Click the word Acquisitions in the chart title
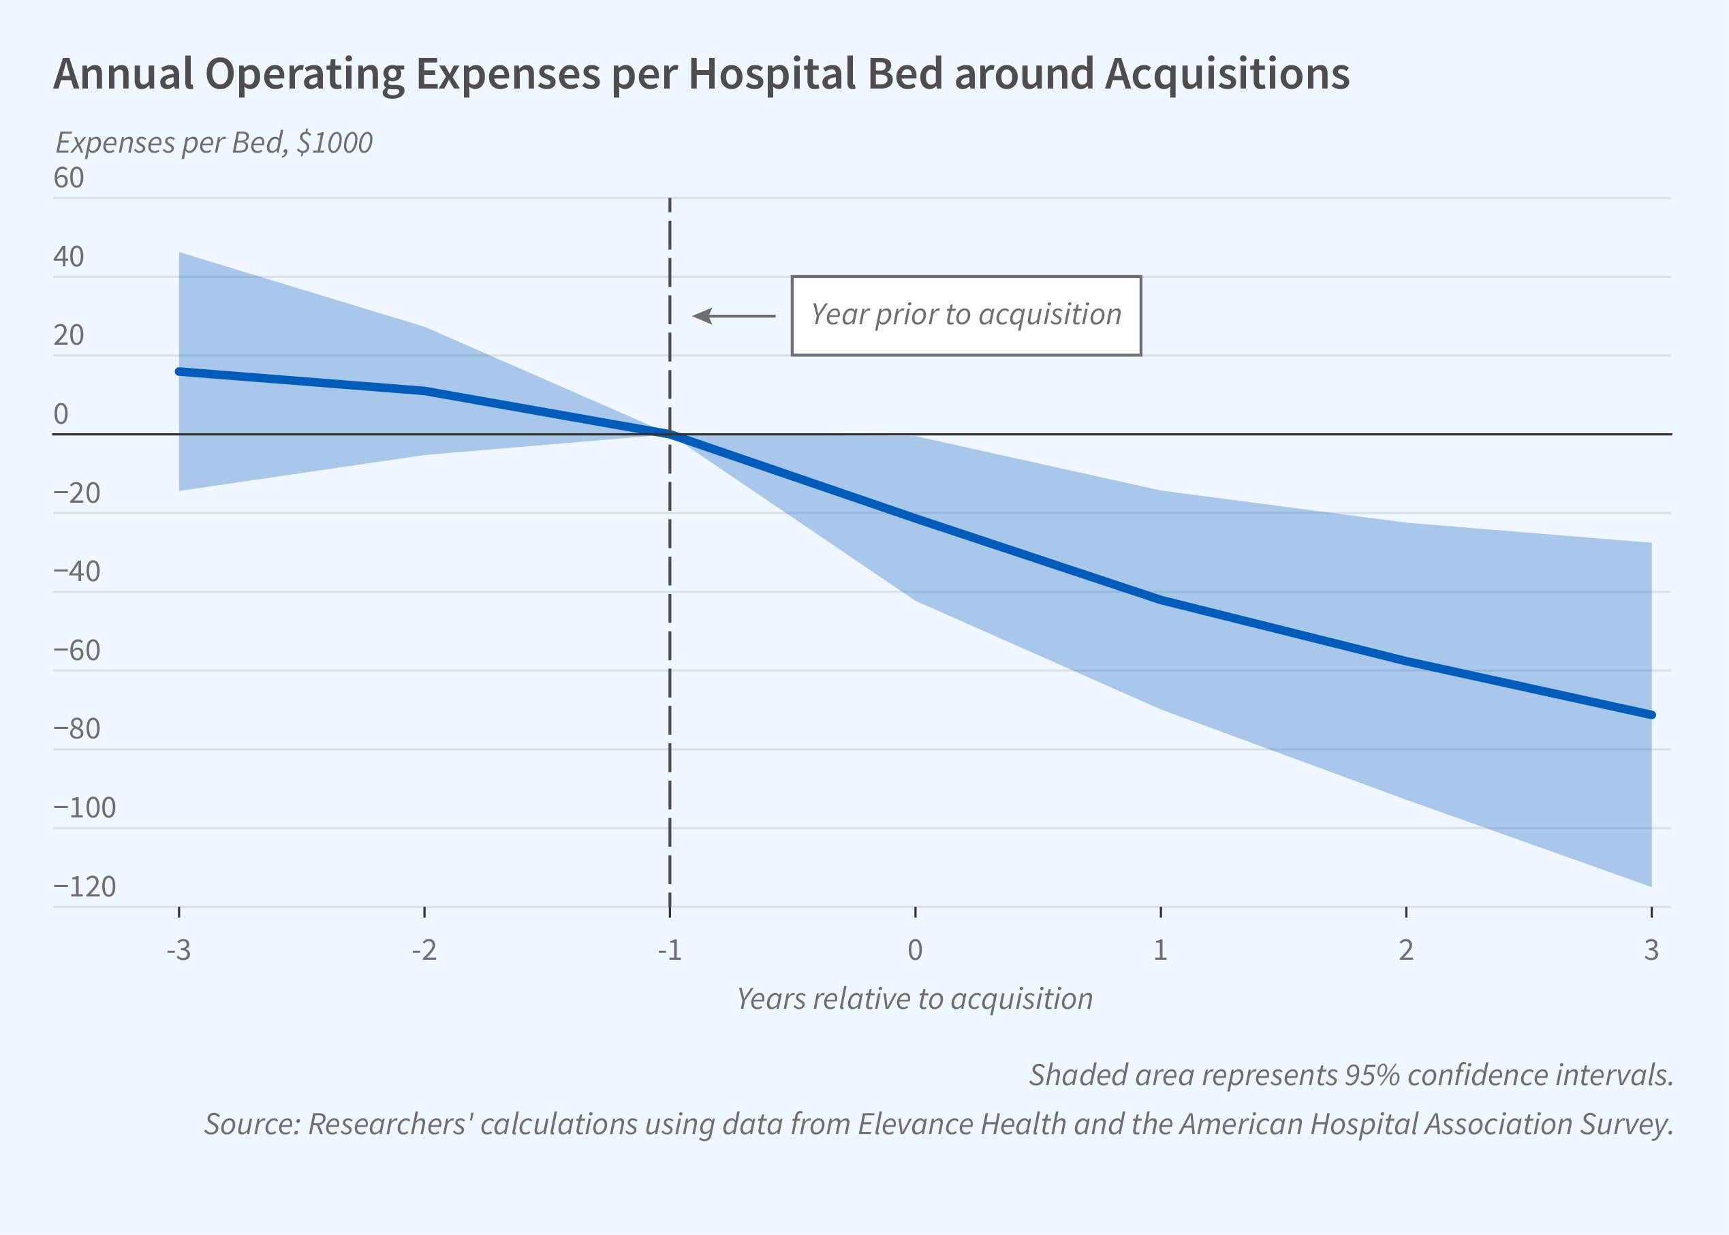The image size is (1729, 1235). click(x=1226, y=74)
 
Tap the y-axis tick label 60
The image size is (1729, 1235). click(x=68, y=178)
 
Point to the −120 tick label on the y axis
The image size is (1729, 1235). click(x=84, y=887)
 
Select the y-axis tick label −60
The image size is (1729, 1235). click(x=77, y=651)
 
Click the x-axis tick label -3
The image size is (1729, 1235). click(x=178, y=950)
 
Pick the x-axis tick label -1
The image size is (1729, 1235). click(x=669, y=950)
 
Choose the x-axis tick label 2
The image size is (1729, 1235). click(x=1406, y=950)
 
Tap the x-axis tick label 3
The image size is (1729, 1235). click(x=1651, y=950)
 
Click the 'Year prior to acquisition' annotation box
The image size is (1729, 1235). click(x=965, y=315)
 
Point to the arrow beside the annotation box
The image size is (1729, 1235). click(x=734, y=315)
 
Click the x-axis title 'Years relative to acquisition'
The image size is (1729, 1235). click(x=914, y=999)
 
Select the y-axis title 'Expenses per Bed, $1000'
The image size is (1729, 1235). click(x=214, y=143)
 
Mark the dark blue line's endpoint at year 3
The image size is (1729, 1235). click(x=1651, y=715)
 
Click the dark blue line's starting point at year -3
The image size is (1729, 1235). click(x=178, y=371)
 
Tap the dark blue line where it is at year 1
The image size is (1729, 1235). click(x=1160, y=600)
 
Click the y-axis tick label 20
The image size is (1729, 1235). click(x=68, y=335)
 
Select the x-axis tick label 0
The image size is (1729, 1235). click(x=915, y=950)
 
